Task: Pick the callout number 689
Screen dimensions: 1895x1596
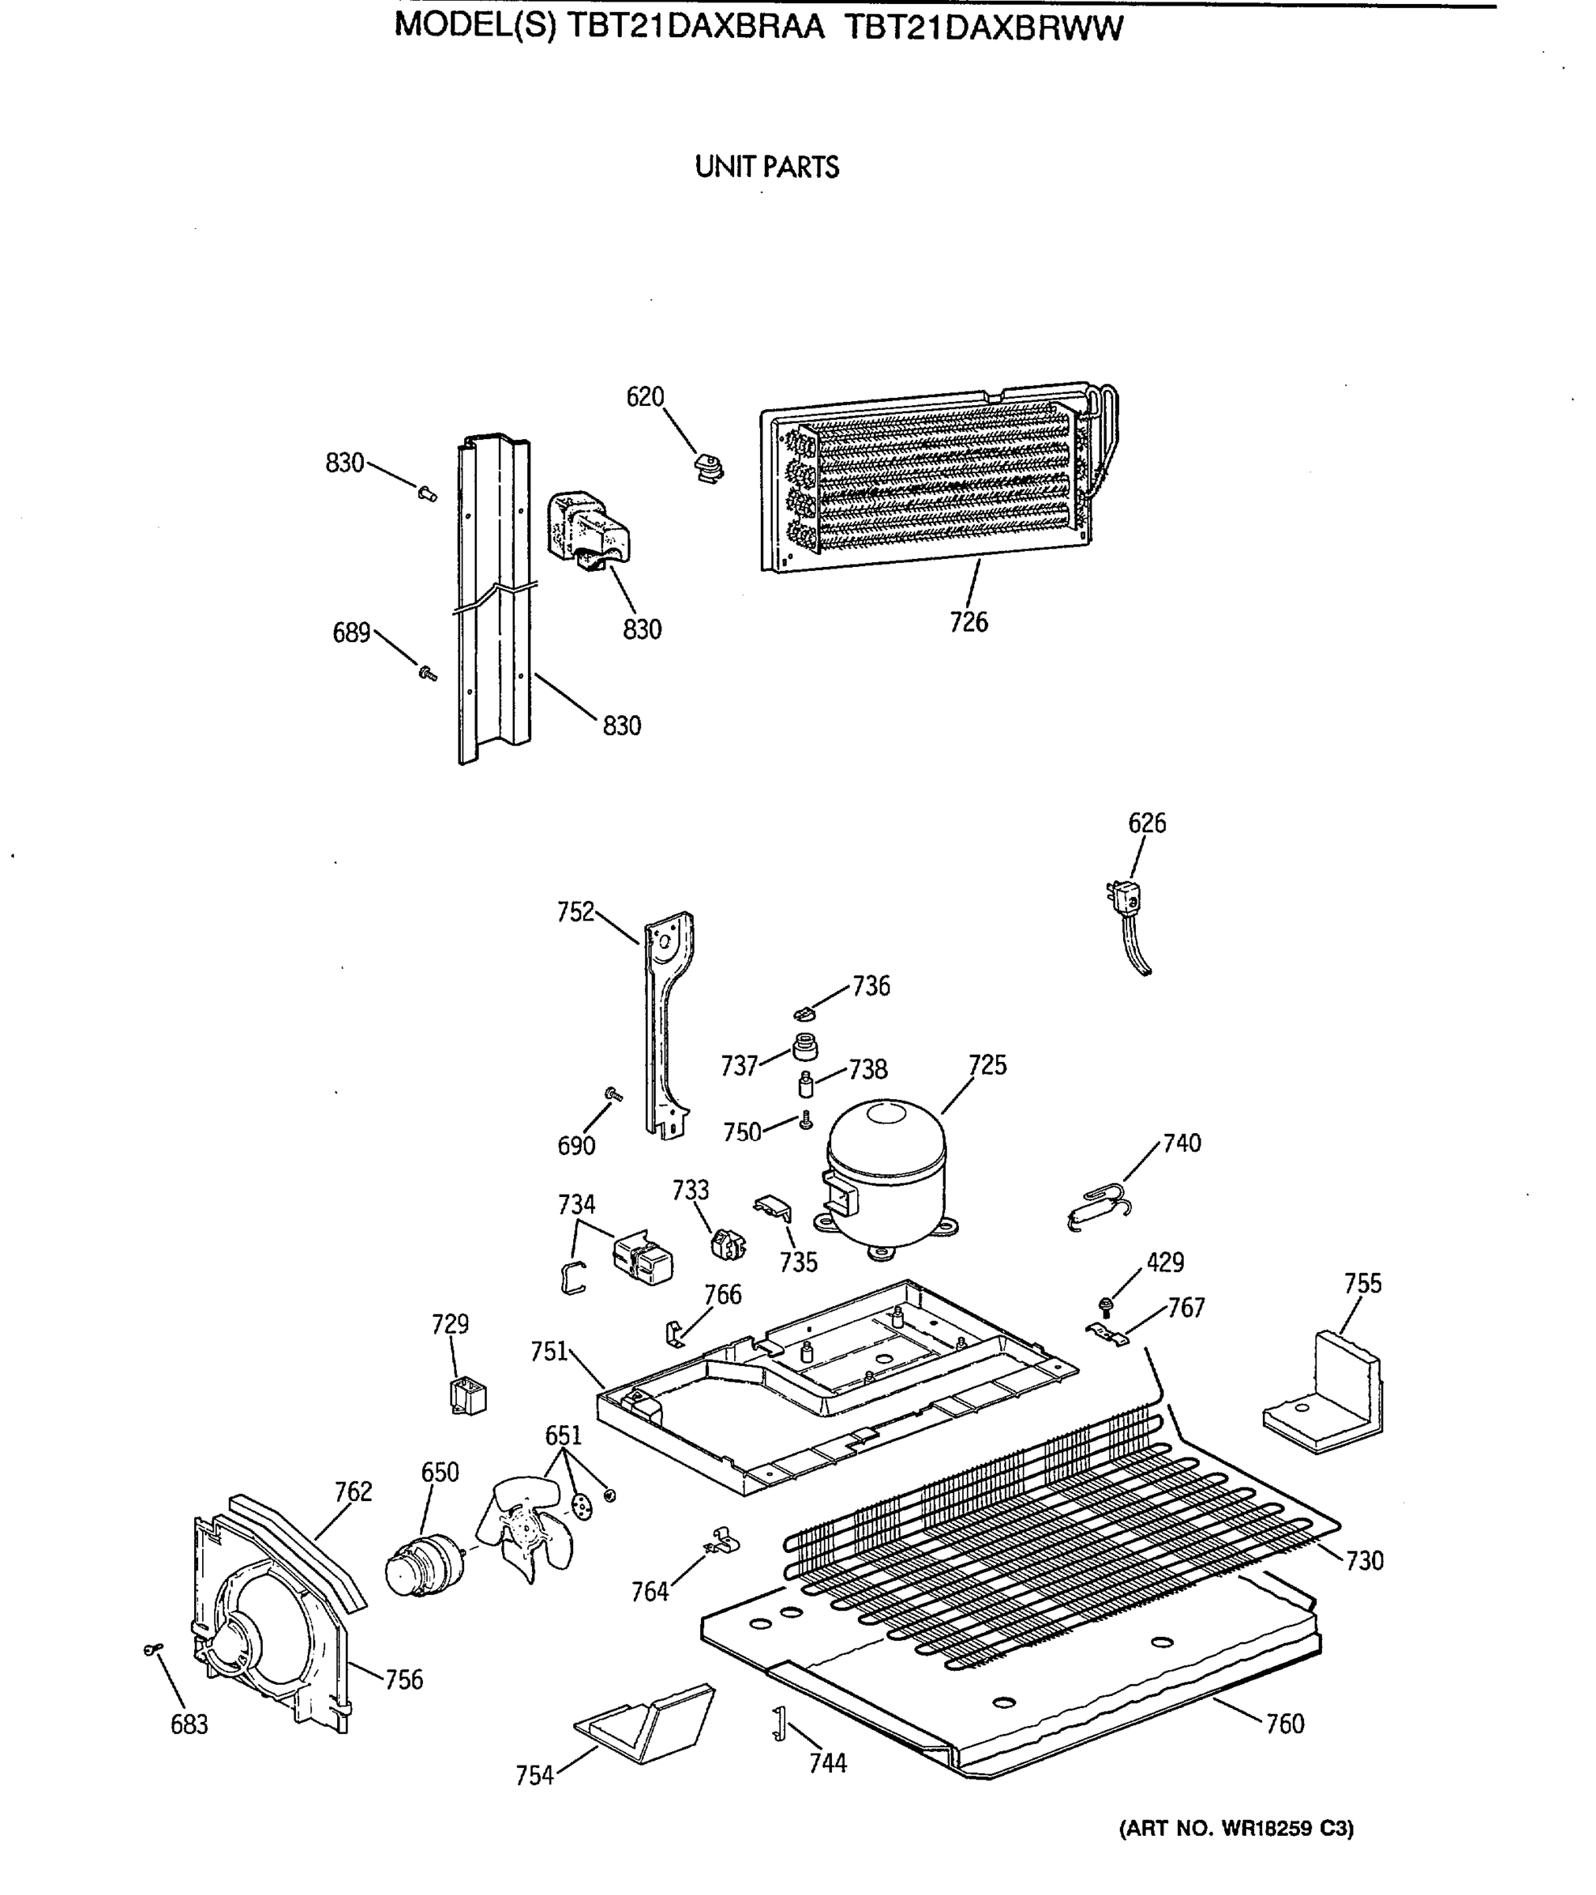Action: (x=351, y=632)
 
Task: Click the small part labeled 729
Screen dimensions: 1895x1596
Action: (x=469, y=1396)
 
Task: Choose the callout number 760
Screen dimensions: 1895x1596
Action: (x=1285, y=1724)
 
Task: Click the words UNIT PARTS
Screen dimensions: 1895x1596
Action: (x=766, y=167)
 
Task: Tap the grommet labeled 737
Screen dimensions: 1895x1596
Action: (x=804, y=1047)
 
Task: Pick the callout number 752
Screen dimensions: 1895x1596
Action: (x=575, y=911)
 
